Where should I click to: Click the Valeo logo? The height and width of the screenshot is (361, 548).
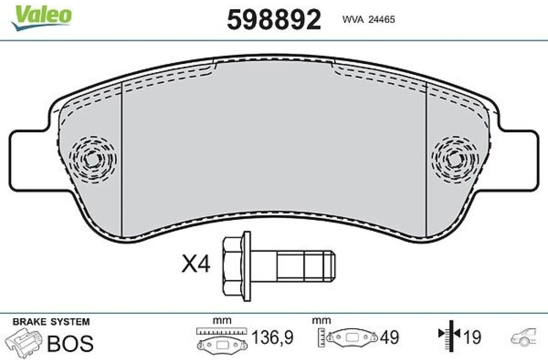pyautogui.click(x=42, y=18)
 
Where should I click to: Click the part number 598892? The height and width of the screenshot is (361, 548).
pyautogui.click(x=274, y=20)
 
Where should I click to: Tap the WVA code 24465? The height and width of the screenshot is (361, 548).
pyautogui.click(x=382, y=20)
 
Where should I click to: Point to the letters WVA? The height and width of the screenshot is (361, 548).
pyautogui.click(x=353, y=20)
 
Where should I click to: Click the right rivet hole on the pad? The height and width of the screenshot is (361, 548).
pyautogui.click(x=455, y=159)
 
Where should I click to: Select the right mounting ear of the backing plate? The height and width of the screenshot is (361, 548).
pyautogui.click(x=516, y=160)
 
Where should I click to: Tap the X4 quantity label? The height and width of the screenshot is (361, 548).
pyautogui.click(x=196, y=264)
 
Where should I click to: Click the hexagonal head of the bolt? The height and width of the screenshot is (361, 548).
pyautogui.click(x=232, y=266)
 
